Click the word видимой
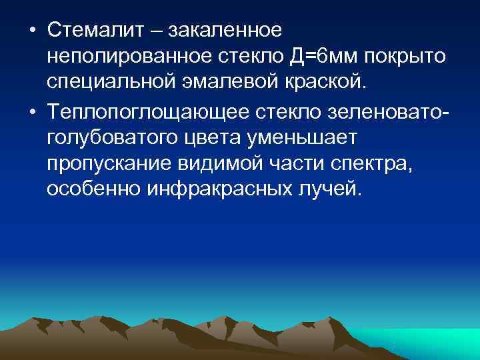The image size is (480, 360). click(x=229, y=163)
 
